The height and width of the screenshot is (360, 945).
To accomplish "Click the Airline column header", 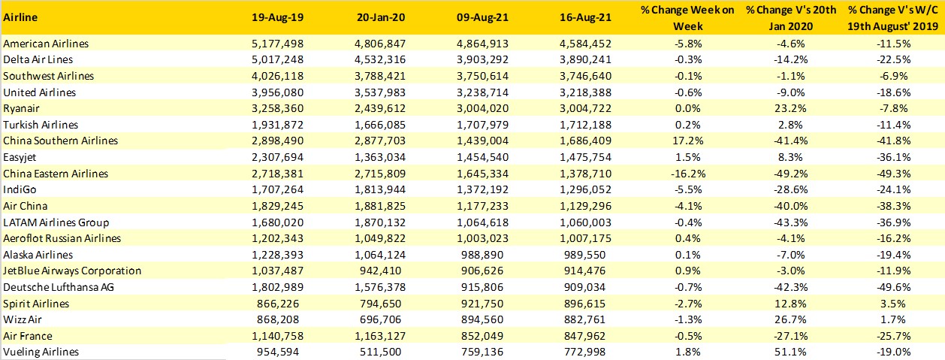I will [20, 17].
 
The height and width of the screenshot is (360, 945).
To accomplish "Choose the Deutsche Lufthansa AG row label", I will [52, 287].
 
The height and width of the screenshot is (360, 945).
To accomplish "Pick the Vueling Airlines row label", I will [41, 352].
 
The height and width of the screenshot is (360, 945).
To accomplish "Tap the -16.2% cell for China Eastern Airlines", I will [687, 173].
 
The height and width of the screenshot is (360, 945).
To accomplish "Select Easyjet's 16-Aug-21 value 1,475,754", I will [583, 157].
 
